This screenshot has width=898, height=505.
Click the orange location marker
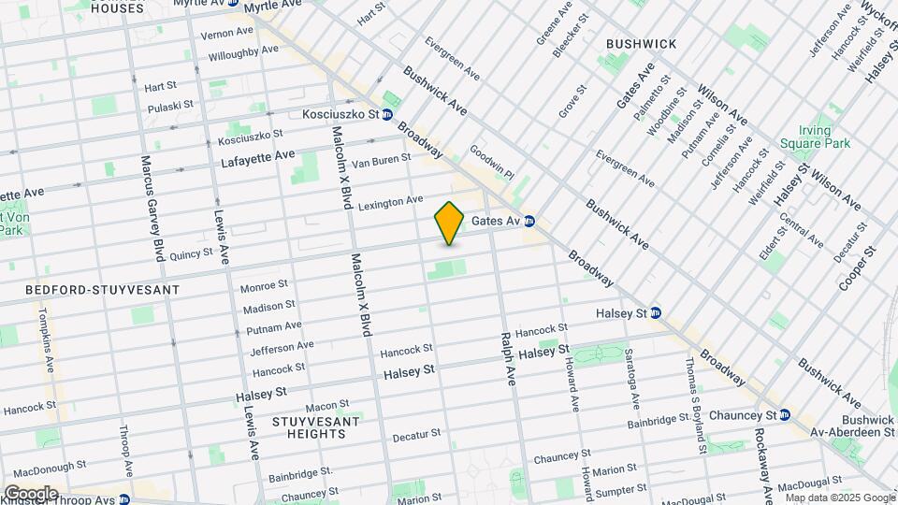[449, 224]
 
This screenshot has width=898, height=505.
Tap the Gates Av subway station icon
[529, 222]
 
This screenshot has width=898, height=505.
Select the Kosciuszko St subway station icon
[386, 114]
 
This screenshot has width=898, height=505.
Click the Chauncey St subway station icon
[785, 415]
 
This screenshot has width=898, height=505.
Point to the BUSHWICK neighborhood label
[641, 44]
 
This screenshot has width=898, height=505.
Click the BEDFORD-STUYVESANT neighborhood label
[90, 290]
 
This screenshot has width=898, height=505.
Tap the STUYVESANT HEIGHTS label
[309, 427]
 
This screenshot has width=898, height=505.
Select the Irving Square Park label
[824, 137]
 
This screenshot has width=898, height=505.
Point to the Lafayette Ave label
[257, 159]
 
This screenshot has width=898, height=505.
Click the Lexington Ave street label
[390, 202]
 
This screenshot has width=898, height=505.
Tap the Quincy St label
[192, 252]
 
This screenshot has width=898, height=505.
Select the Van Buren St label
[380, 161]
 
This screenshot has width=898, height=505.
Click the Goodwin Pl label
[492, 162]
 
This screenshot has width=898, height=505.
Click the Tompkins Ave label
[44, 339]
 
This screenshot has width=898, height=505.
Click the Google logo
[30, 493]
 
